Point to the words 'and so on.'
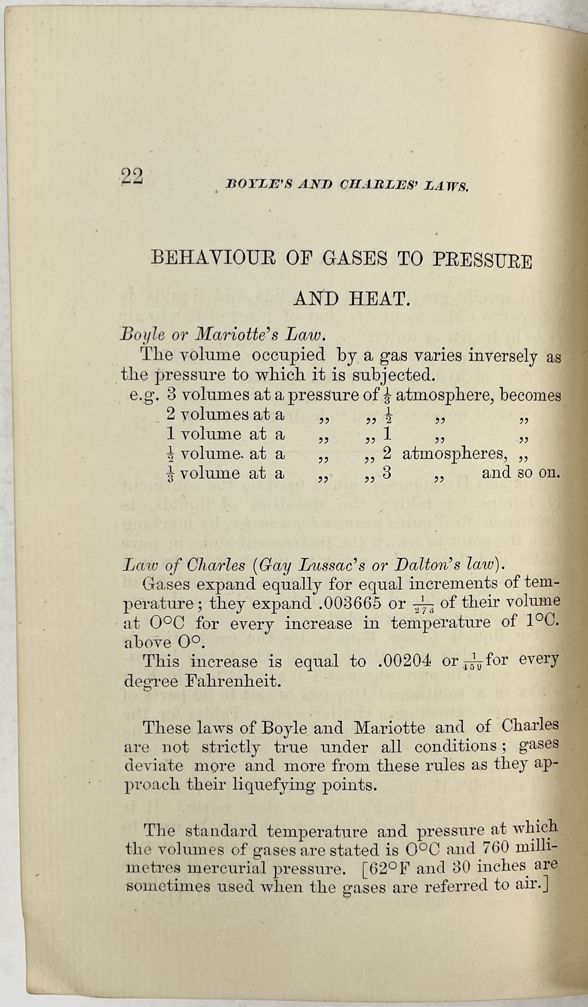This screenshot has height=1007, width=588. (520, 473)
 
